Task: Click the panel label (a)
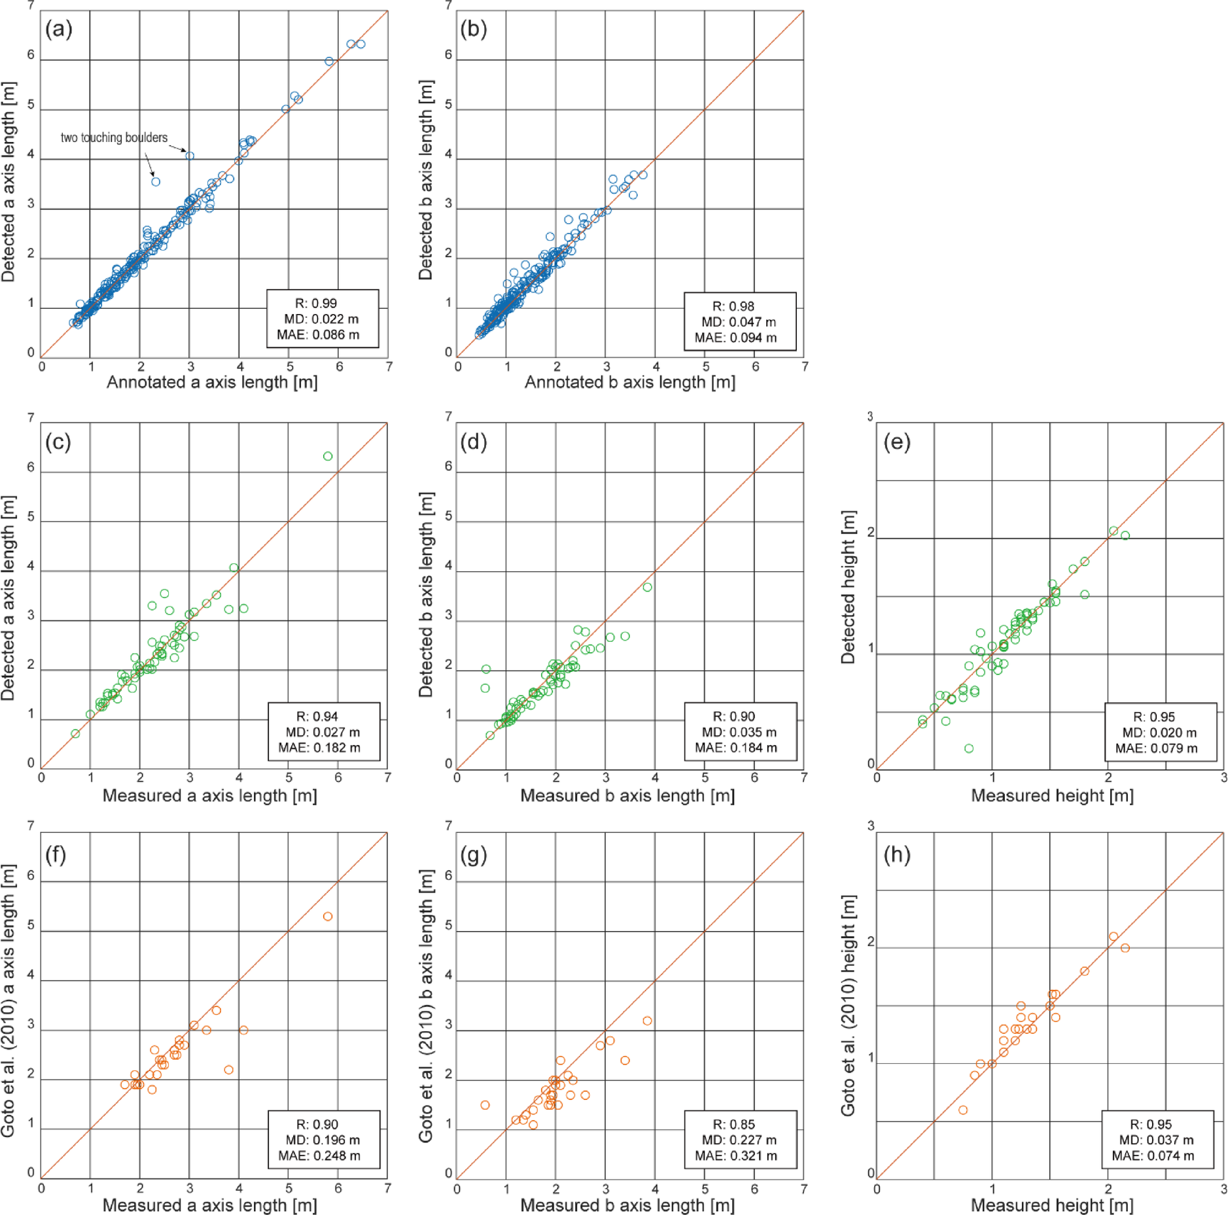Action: tap(58, 29)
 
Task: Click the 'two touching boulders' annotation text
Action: tap(114, 137)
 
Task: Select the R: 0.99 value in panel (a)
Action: tap(316, 304)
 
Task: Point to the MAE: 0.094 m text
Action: tap(735, 338)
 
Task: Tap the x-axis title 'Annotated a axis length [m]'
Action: tap(212, 382)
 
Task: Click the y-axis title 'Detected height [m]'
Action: tap(848, 587)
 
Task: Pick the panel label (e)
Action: tap(896, 442)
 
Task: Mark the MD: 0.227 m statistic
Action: tap(739, 1140)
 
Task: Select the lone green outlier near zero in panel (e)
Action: tap(969, 748)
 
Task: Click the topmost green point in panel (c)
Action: tap(328, 456)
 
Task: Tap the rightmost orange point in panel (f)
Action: tap(328, 917)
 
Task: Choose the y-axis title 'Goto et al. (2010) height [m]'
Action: tap(848, 1005)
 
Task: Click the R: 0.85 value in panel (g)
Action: tap(733, 1124)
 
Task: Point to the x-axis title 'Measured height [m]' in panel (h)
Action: tap(1052, 1205)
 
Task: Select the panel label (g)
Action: tap(474, 855)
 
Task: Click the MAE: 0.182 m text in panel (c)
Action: tap(319, 748)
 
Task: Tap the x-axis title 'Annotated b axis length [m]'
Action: tap(629, 382)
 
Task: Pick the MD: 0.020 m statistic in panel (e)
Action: tap(1159, 733)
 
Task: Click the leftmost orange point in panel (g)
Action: tap(485, 1105)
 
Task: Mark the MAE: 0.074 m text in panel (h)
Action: tap(1153, 1156)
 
